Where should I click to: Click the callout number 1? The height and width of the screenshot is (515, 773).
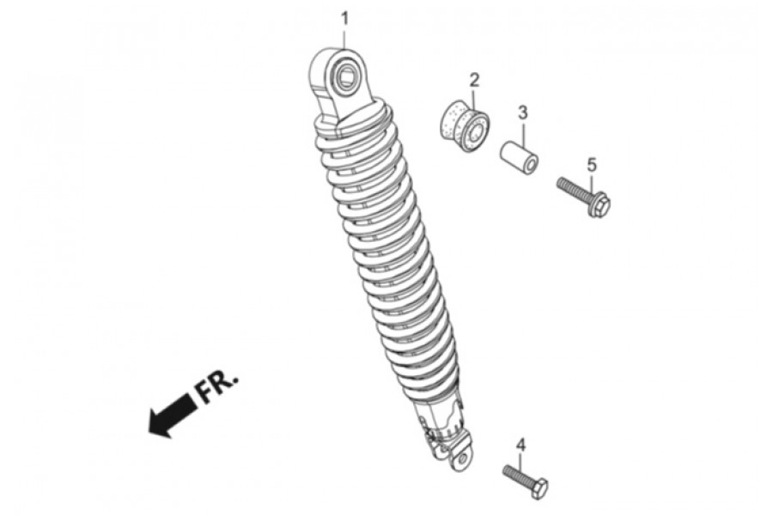pos(345,19)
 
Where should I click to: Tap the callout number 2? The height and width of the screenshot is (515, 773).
pos(474,79)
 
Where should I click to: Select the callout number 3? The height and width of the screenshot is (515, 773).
pos(522,112)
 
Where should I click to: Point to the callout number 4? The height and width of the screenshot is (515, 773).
pos(520,445)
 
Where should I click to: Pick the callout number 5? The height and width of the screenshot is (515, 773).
pos(592,165)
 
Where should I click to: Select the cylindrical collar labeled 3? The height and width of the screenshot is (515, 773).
pos(519,160)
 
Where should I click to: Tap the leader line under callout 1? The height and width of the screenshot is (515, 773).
pos(345,38)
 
